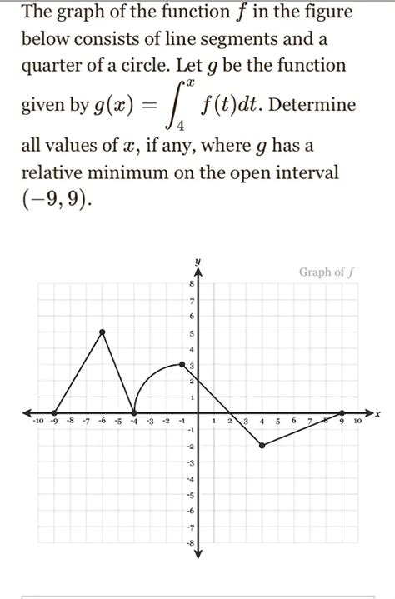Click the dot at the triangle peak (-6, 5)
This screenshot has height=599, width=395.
click(102, 332)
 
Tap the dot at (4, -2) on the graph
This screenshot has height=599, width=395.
click(262, 446)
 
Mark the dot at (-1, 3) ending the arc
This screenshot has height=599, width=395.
click(182, 364)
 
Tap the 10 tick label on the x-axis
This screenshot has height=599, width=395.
click(357, 422)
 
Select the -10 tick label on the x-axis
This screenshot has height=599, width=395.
click(38, 422)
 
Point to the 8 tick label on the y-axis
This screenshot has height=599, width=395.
click(192, 284)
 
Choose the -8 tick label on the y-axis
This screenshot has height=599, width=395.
click(190, 542)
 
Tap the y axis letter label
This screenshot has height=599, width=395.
click(198, 262)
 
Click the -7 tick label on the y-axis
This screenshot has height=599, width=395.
click(190, 527)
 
